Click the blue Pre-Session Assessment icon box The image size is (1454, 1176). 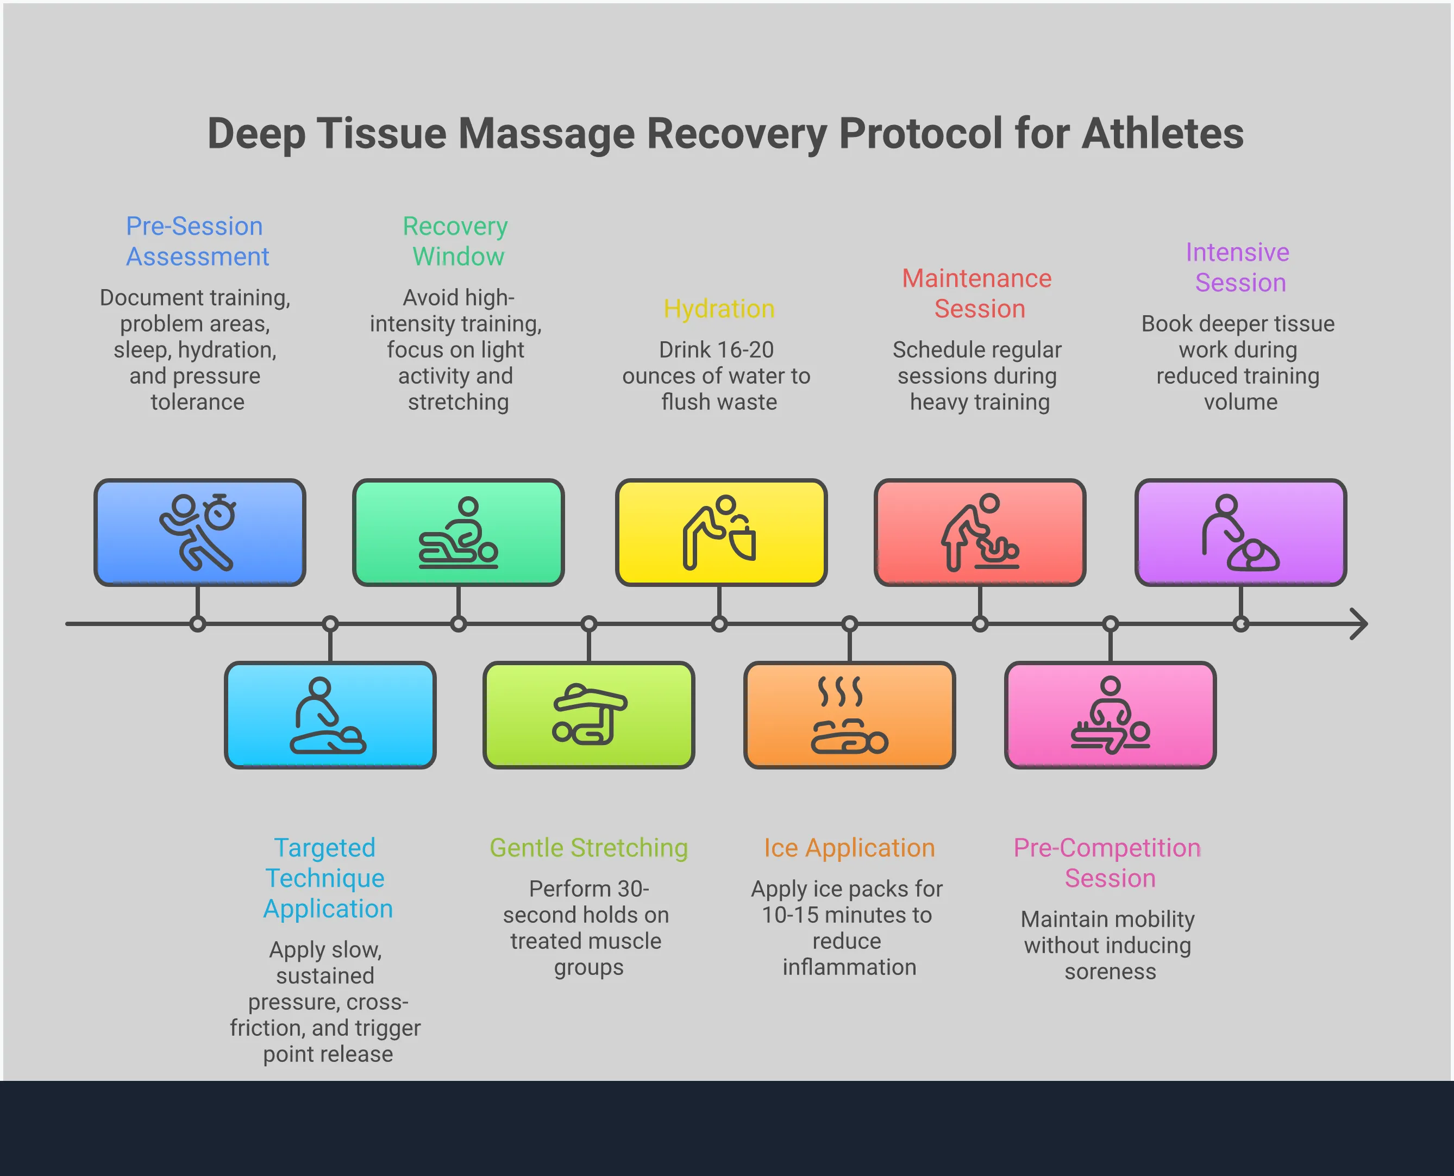200,533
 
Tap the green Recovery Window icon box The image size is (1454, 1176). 459,533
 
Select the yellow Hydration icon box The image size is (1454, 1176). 720,533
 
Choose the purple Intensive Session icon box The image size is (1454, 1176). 1240,533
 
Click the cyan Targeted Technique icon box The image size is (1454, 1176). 330,715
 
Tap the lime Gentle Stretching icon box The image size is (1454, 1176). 588,715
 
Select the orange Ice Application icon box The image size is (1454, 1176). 849,715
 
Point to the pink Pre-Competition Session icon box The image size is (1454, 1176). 1110,715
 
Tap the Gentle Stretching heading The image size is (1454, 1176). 588,847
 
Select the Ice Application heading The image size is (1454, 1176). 849,847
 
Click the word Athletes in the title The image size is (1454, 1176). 1162,134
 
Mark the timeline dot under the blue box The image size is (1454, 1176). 198,624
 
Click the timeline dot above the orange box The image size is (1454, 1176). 850,624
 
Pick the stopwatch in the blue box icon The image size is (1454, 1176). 220,513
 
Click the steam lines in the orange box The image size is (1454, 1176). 840,692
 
